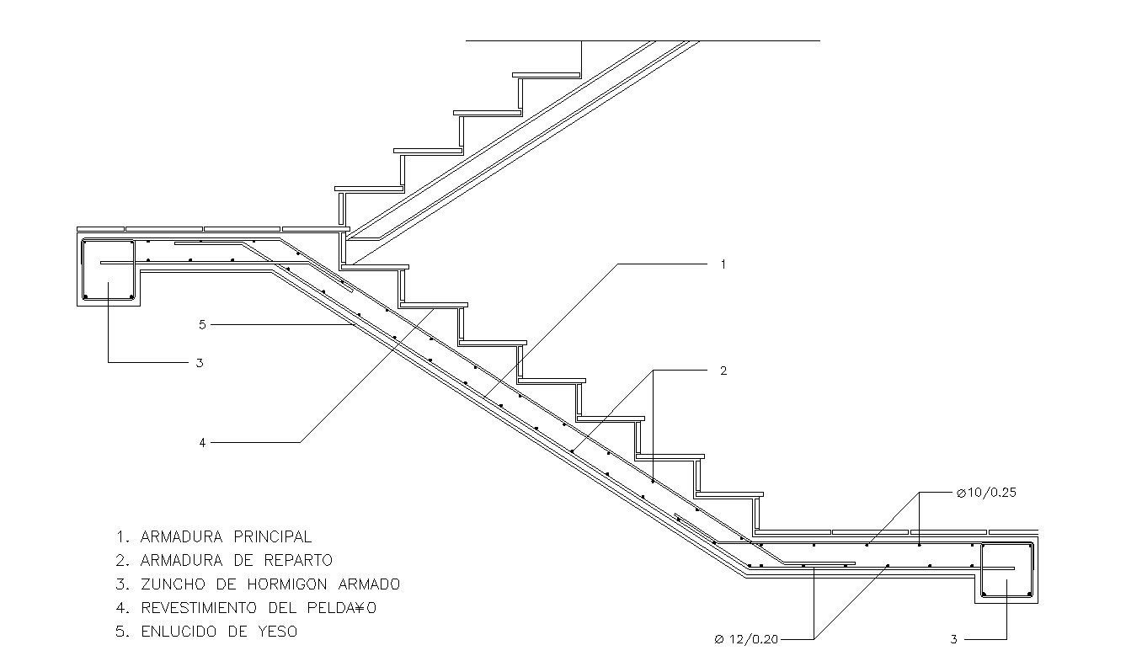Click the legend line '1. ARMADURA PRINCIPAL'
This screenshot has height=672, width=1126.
tap(214, 536)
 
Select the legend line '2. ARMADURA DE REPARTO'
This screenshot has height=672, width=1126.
tap(224, 560)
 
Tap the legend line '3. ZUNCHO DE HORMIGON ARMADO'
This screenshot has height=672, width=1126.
tap(258, 584)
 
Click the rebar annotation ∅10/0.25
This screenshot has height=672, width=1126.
tap(986, 493)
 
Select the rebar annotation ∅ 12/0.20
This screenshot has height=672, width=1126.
tap(746, 639)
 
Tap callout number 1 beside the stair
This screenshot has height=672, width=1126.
tap(723, 264)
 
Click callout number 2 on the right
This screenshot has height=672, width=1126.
tap(723, 371)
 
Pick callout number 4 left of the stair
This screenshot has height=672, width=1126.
tap(202, 442)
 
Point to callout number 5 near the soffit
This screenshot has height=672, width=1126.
tap(202, 324)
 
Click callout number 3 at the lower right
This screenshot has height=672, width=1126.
tap(953, 639)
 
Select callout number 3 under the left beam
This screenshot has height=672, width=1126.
tap(200, 363)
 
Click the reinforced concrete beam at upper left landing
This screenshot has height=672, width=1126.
tap(108, 271)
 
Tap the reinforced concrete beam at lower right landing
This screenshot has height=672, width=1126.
tap(1006, 572)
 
